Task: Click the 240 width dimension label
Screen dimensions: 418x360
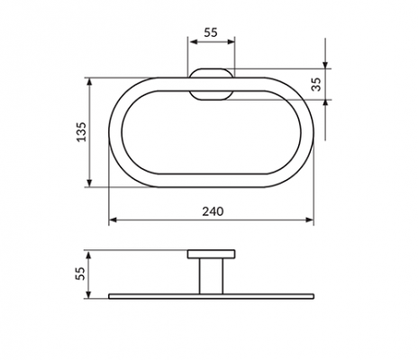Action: click(213, 211)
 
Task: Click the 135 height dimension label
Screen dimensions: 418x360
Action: click(81, 132)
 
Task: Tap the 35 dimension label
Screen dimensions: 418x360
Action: click(316, 85)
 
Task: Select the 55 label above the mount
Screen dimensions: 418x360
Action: click(211, 32)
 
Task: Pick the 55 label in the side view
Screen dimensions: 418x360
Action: click(80, 274)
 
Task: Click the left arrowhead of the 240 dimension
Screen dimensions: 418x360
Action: click(113, 220)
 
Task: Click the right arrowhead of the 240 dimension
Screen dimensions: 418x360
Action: click(310, 220)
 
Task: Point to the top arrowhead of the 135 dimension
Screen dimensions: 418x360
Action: click(89, 82)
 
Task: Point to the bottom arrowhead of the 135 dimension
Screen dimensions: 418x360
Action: click(89, 183)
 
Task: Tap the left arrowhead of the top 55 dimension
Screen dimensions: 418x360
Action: click(192, 41)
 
